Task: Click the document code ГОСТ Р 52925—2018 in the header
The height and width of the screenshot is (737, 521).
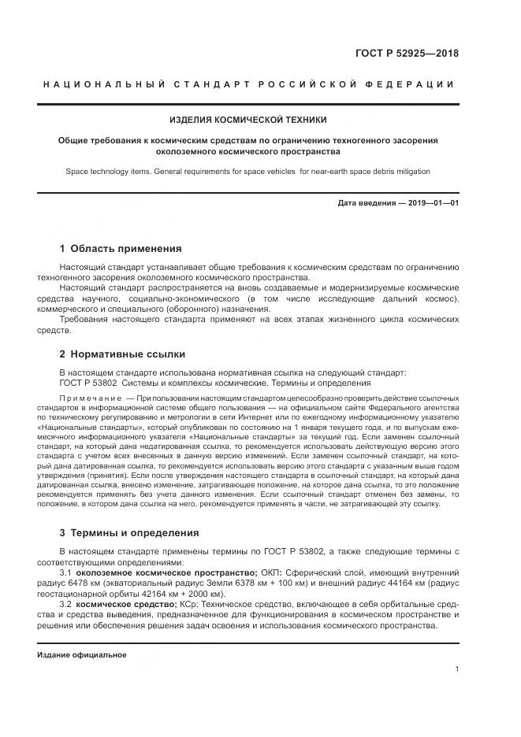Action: (407, 54)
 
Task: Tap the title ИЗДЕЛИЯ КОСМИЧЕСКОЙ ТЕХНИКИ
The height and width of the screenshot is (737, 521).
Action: (248, 120)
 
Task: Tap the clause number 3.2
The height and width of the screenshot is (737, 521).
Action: (67, 603)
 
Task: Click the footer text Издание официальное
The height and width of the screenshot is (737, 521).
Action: (82, 654)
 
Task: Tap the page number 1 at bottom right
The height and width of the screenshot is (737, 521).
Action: (457, 669)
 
